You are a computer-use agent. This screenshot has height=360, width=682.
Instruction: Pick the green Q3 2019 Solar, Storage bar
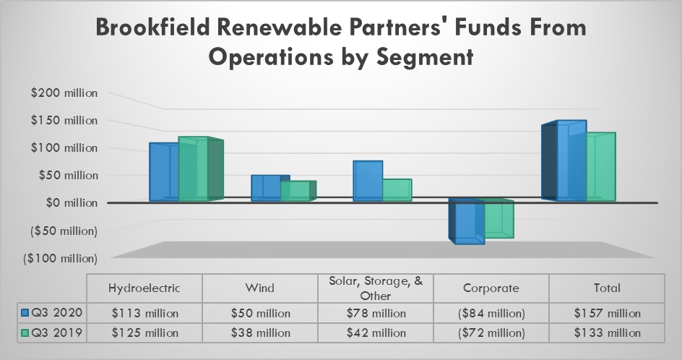tap(397, 189)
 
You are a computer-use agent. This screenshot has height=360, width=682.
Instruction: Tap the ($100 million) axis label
tap(61, 258)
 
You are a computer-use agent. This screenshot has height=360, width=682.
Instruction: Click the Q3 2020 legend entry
tap(52, 313)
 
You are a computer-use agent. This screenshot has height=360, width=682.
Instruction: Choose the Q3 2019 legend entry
tap(52, 333)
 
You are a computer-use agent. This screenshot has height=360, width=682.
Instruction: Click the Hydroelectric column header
tap(144, 288)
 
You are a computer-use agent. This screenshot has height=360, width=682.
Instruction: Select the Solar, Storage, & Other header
tap(375, 288)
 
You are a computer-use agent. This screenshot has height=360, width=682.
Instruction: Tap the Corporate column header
tap(491, 288)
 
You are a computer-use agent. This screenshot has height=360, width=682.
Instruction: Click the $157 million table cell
tap(606, 313)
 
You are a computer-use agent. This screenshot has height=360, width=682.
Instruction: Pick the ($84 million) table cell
tap(491, 313)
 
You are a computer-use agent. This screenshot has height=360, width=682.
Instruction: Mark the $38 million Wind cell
tap(259, 333)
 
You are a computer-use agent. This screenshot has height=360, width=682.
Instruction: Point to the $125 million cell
tap(144, 333)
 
